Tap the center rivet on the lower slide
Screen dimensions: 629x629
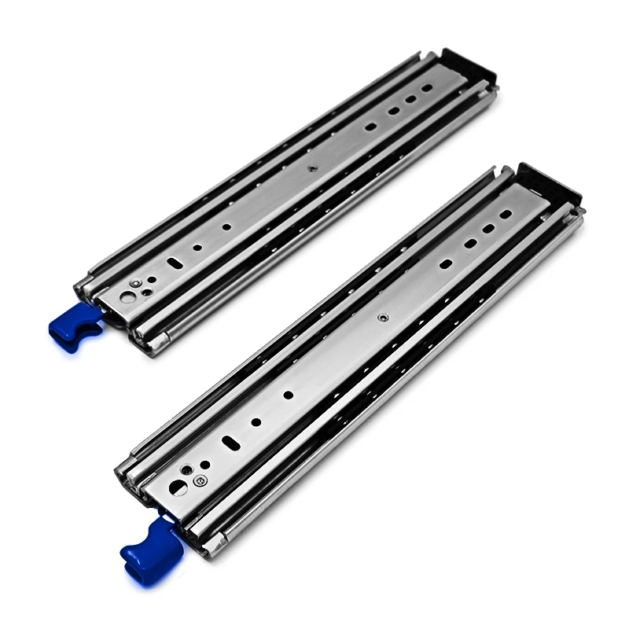coord(382,318)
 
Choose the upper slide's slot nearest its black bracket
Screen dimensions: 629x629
coord(427,88)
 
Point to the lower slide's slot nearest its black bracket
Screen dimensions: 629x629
coord(505,214)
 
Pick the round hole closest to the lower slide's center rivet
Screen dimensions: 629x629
coord(289,395)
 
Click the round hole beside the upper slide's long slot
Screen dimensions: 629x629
coord(197,247)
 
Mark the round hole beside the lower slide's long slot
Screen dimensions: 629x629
coord(256,422)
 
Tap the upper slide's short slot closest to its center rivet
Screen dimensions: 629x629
coord(370,126)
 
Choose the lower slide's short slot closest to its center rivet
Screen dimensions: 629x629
coord(446,264)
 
